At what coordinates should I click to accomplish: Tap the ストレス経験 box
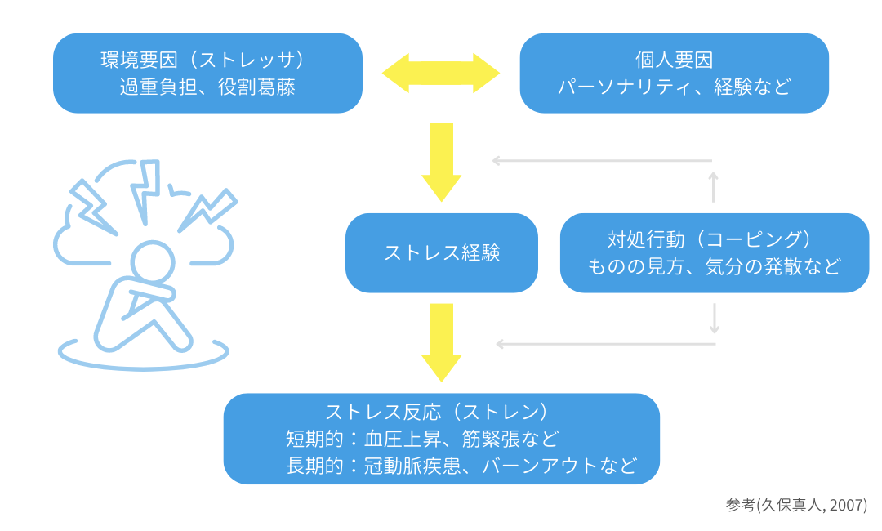[441, 252]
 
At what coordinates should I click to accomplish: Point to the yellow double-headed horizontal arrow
[441, 73]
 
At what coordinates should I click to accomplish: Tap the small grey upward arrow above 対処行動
[714, 186]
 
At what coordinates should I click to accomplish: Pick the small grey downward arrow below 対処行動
[714, 319]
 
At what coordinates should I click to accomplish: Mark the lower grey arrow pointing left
[605, 344]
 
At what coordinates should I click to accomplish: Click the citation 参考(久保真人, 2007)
[795, 505]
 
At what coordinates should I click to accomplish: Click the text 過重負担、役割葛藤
[207, 87]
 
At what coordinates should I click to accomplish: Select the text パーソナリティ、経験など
[674, 87]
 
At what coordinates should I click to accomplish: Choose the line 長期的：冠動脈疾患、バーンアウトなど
[461, 466]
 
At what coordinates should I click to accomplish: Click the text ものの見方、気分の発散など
[714, 266]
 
